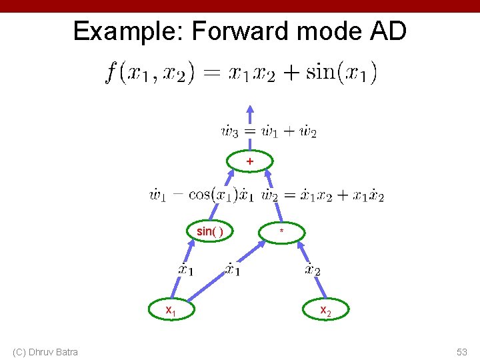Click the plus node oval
coord(250,161)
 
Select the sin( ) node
coord(210,231)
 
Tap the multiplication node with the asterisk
coord(282,231)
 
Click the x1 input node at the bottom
coord(171,309)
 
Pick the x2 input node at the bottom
coord(325,310)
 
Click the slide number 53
coord(462,352)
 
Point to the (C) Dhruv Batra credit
coord(45,352)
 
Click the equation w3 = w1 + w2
coord(269,131)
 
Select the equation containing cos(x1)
coord(201,195)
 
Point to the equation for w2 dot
coord(323,195)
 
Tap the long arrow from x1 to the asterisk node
coord(220,276)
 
